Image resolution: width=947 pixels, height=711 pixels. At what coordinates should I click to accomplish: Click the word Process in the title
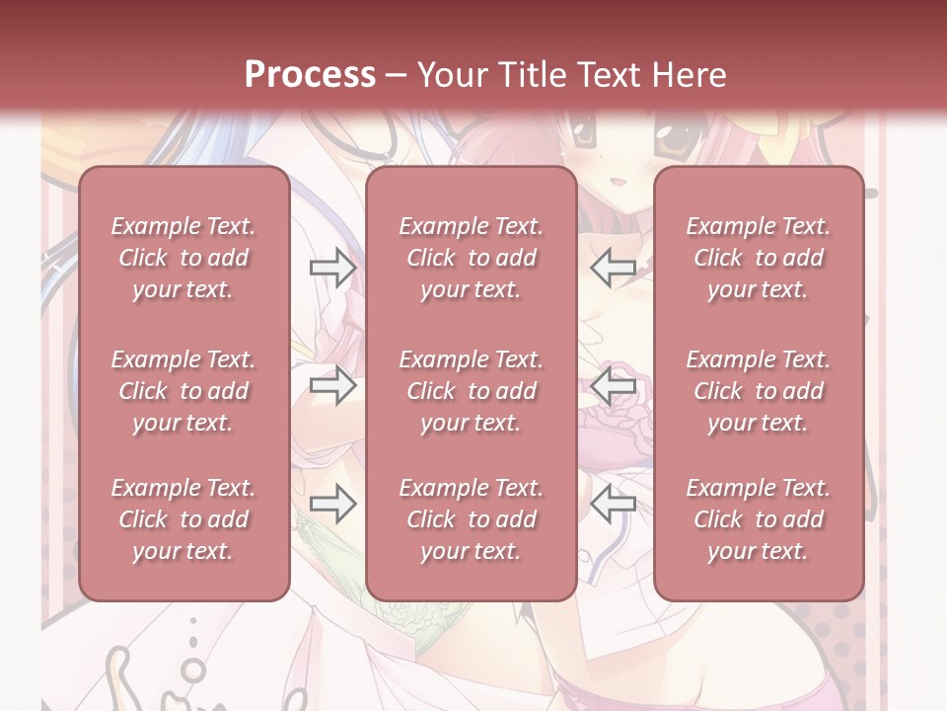[310, 75]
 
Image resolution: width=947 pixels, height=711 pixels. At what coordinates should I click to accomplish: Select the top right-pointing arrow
[332, 268]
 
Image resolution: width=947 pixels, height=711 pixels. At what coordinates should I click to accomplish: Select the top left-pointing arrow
[614, 268]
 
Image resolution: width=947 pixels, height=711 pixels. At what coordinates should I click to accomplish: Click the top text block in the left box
[183, 258]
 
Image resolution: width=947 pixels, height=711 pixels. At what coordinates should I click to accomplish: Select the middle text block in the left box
[183, 391]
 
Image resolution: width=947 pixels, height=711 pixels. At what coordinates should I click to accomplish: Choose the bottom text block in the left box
[183, 519]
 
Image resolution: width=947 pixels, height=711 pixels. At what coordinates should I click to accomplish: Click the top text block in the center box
[471, 258]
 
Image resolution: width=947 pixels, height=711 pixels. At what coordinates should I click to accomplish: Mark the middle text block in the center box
[471, 391]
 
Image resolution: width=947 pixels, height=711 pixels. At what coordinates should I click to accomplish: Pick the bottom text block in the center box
[471, 519]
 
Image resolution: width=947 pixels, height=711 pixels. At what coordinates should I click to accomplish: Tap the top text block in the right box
[758, 258]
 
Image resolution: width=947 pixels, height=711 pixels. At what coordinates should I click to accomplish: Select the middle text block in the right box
[758, 391]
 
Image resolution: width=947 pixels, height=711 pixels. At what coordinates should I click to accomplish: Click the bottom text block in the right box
[758, 519]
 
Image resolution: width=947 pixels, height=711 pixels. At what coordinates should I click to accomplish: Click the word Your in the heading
[448, 75]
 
